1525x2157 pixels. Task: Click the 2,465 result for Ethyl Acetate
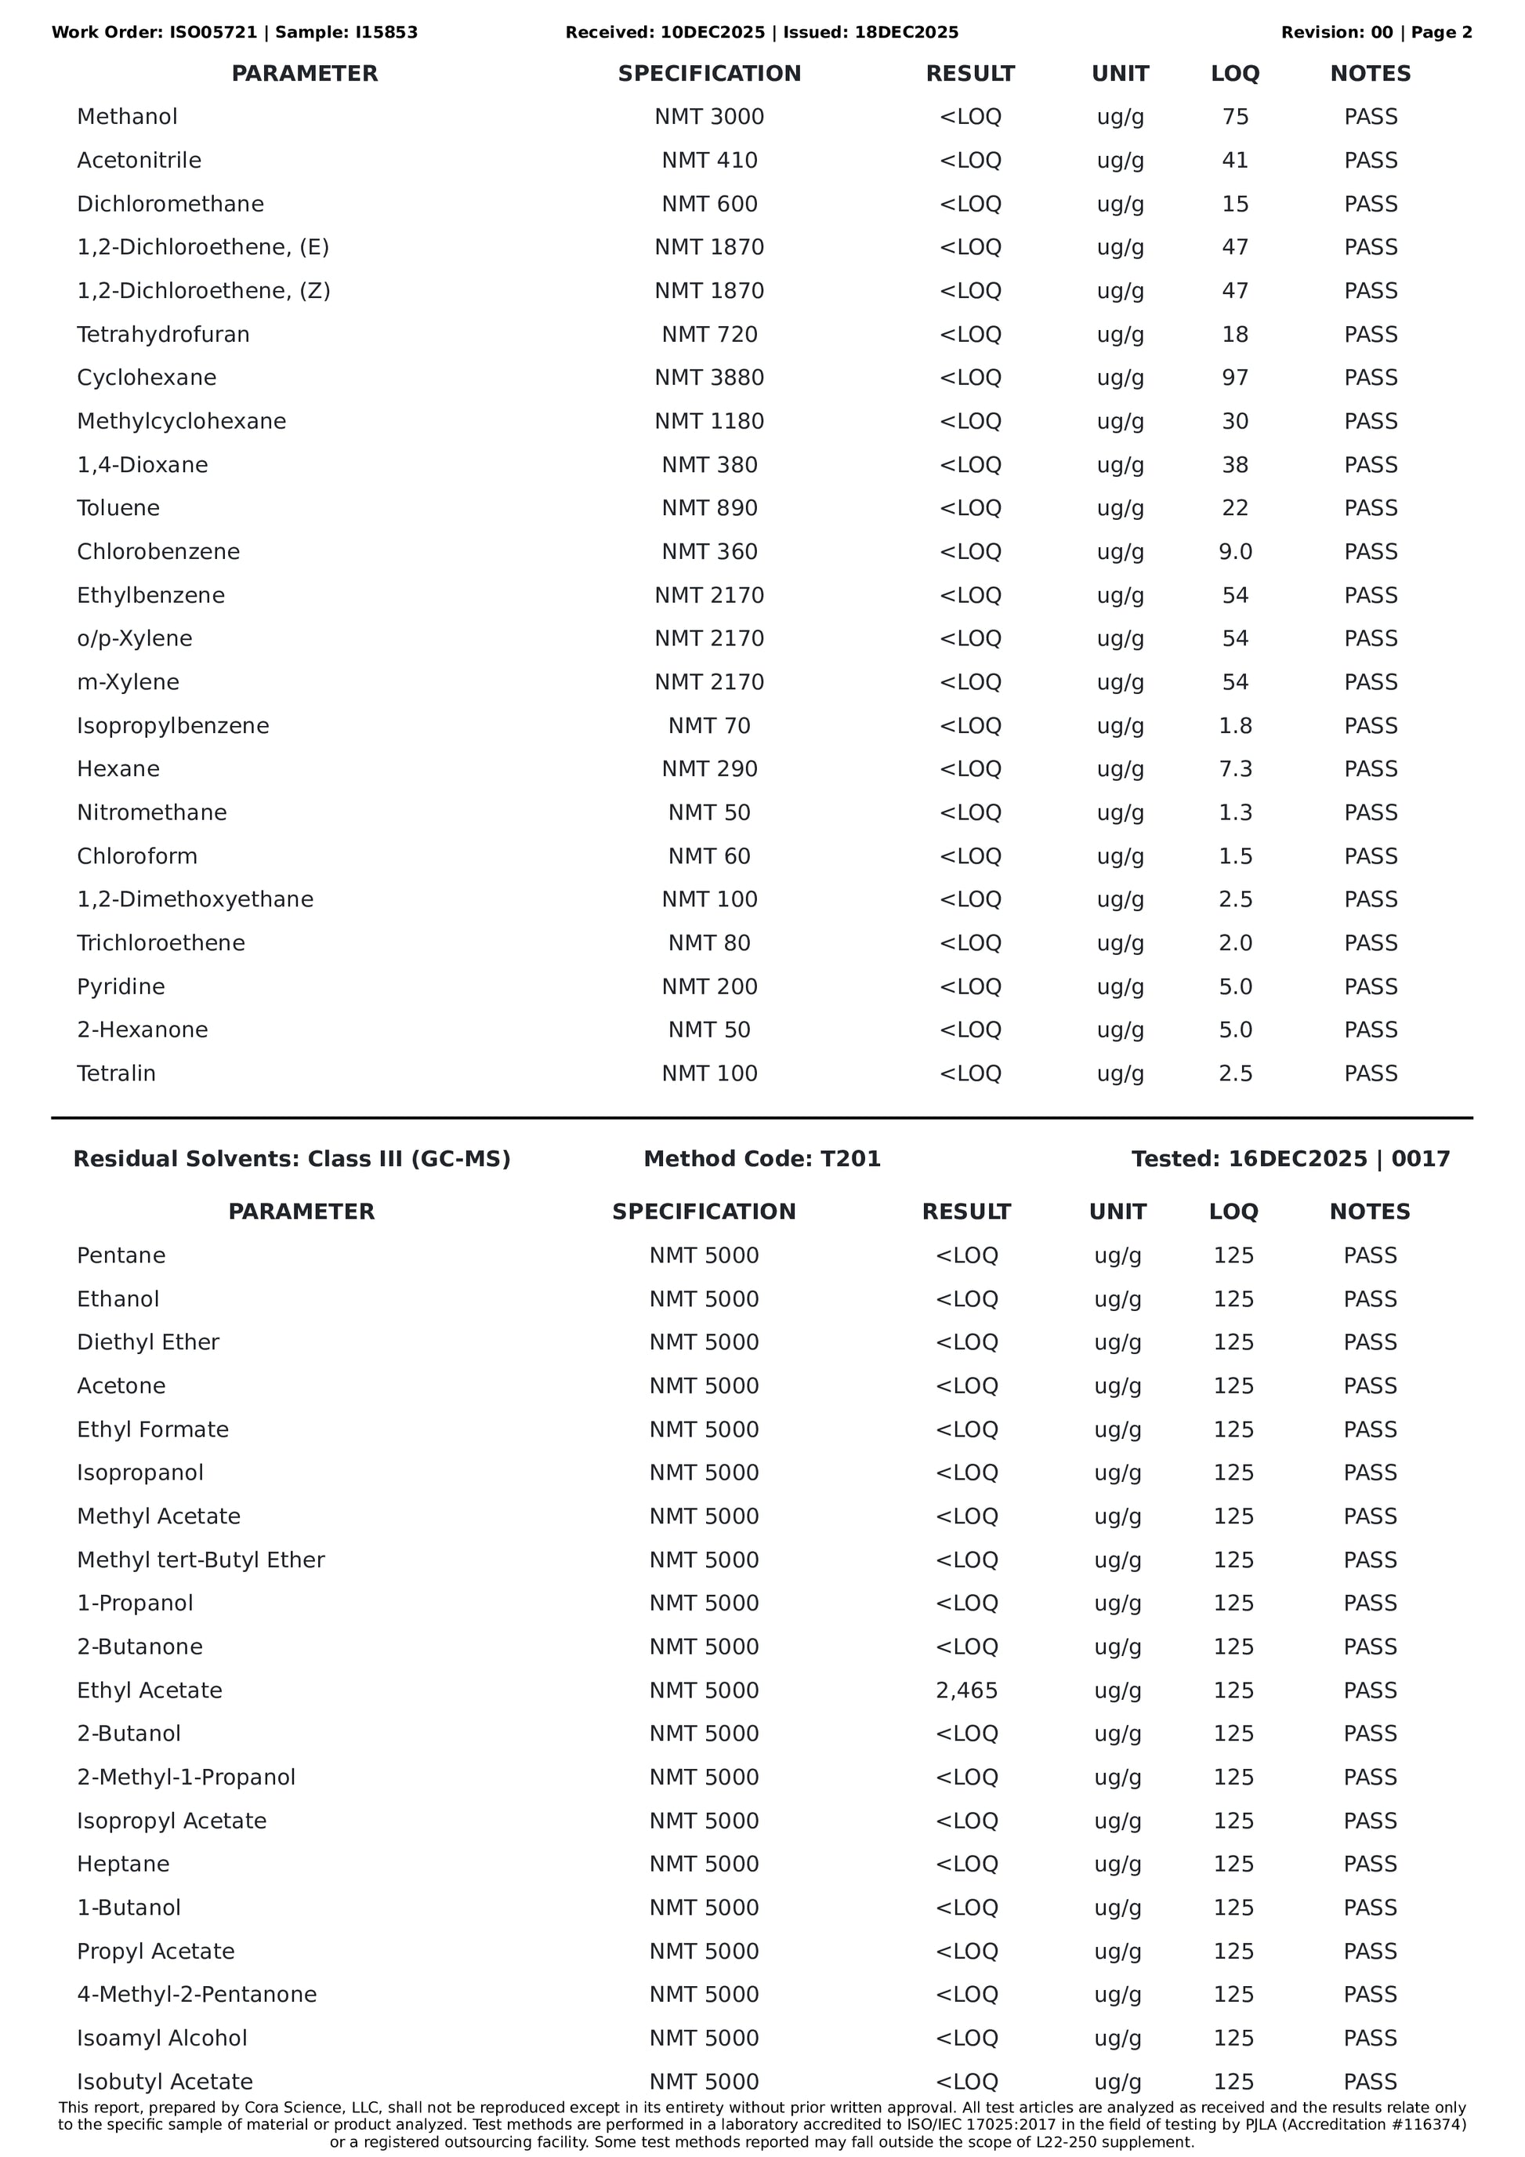[x=966, y=1690]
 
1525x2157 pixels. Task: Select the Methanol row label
[x=127, y=117]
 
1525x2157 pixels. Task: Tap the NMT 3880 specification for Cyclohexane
[x=709, y=378]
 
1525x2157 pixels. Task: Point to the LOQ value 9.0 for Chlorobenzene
[x=1235, y=551]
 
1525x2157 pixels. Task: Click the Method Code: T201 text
[x=762, y=1158]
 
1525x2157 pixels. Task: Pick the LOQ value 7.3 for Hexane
[x=1235, y=768]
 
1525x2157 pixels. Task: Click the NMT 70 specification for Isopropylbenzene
[x=709, y=725]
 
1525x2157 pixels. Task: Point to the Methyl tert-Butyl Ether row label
[x=201, y=1560]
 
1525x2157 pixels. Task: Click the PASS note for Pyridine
[x=1370, y=986]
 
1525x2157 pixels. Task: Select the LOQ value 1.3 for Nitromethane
[x=1235, y=812]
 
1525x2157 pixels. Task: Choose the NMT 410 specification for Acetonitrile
[x=709, y=161]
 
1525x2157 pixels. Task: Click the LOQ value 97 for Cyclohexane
[x=1235, y=378]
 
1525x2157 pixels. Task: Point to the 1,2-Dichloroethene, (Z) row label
[x=203, y=291]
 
